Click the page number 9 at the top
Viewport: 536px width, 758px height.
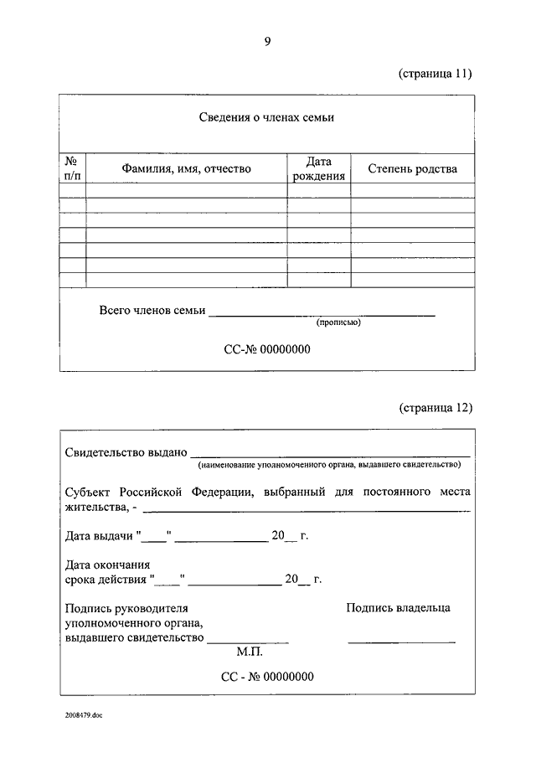coord(267,41)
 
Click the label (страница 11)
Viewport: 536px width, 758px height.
coord(435,73)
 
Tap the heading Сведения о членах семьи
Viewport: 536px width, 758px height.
coord(266,117)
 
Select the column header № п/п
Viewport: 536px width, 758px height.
coord(72,168)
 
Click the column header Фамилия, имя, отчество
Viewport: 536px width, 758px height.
coord(186,168)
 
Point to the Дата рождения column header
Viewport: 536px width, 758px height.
coord(318,168)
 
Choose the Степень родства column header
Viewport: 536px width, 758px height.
coord(412,168)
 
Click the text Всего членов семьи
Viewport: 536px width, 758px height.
coord(152,310)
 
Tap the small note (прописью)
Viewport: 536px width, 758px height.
coord(338,322)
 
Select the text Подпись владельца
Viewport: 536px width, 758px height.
coord(398,607)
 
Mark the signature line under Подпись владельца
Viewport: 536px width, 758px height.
coord(401,642)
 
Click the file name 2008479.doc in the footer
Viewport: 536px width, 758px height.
coord(82,714)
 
